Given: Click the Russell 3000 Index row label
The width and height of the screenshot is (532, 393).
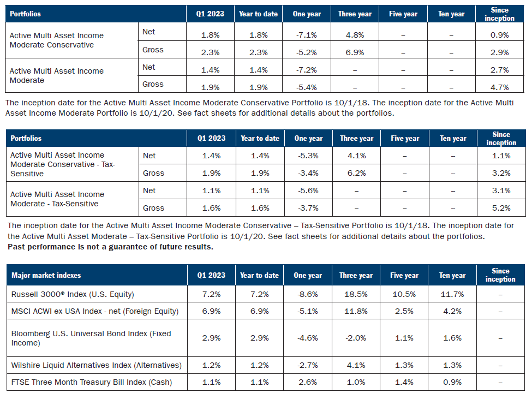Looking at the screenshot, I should pyautogui.click(x=73, y=294).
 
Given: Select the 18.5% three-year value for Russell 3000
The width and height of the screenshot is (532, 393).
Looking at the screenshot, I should pyautogui.click(x=356, y=294).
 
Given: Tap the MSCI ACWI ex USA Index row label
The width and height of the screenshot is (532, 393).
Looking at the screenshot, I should pyautogui.click(x=95, y=312).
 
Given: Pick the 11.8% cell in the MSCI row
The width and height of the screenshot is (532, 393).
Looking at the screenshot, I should pyautogui.click(x=356, y=312).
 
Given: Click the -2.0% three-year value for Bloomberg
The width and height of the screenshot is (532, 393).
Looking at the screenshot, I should pyautogui.click(x=356, y=338).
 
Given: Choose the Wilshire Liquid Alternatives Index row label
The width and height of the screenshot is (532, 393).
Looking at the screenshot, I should pyautogui.click(x=96, y=365).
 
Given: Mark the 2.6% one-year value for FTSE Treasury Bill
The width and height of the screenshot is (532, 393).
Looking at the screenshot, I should pyautogui.click(x=307, y=382).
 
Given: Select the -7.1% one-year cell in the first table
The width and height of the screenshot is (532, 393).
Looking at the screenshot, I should pyautogui.click(x=307, y=35).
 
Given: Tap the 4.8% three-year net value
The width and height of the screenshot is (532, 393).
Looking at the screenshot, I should pyautogui.click(x=355, y=35).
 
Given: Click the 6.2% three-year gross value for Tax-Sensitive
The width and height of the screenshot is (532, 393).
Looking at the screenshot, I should pyautogui.click(x=356, y=173).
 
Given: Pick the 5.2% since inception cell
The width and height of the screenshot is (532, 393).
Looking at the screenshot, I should pyautogui.click(x=500, y=208).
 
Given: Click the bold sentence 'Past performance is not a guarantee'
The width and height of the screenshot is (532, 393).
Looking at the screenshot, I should pyautogui.click(x=110, y=246).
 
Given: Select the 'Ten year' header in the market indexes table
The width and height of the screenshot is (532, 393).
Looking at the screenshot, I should pyautogui.click(x=452, y=275).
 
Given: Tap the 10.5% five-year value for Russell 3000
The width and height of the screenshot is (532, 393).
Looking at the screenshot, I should pyautogui.click(x=404, y=294).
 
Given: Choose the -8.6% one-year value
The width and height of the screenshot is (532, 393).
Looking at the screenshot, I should pyautogui.click(x=307, y=294).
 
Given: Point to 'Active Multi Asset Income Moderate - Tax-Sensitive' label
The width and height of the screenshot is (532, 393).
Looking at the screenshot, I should pyautogui.click(x=57, y=199).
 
